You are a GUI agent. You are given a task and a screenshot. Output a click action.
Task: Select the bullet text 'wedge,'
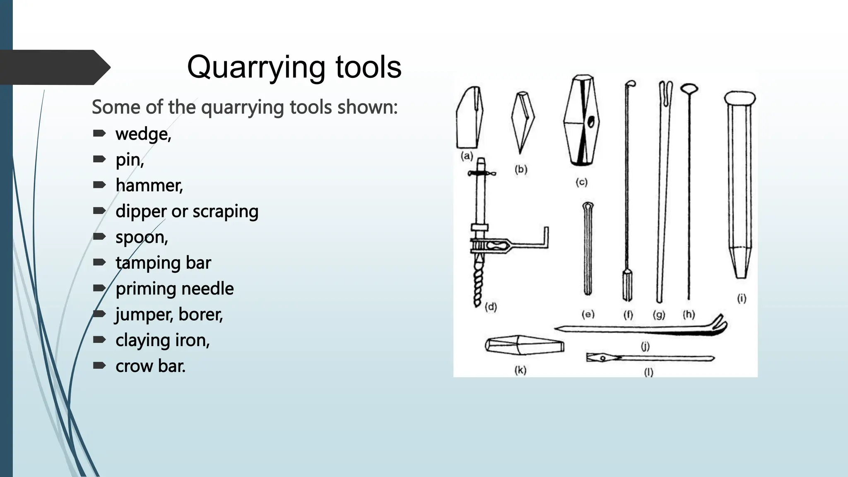point(143,134)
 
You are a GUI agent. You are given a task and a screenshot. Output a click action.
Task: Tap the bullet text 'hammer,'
point(149,185)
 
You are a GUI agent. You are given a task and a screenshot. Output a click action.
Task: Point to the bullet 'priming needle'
point(174,289)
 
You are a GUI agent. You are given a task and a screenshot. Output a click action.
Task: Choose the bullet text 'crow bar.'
point(150,366)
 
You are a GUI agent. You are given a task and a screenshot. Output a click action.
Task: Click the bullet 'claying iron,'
point(162,340)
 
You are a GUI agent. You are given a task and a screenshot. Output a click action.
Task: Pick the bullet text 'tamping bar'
point(163,263)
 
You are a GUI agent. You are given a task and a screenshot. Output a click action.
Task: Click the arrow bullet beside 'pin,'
point(99,159)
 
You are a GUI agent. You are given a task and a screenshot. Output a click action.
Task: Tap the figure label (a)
point(467,156)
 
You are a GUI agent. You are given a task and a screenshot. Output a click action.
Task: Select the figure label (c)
point(581,182)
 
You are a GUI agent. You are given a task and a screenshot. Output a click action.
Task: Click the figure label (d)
point(491,307)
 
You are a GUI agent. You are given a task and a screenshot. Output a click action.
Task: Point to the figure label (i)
point(742,298)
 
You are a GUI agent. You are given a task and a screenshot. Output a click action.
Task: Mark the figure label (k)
point(520,370)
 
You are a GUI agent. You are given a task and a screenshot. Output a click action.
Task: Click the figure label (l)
point(648,372)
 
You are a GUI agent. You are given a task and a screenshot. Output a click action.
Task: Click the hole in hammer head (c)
point(592,121)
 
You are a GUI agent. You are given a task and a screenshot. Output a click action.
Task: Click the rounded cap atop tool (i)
point(740,98)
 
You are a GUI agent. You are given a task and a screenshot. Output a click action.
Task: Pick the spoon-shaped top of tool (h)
point(689,88)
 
